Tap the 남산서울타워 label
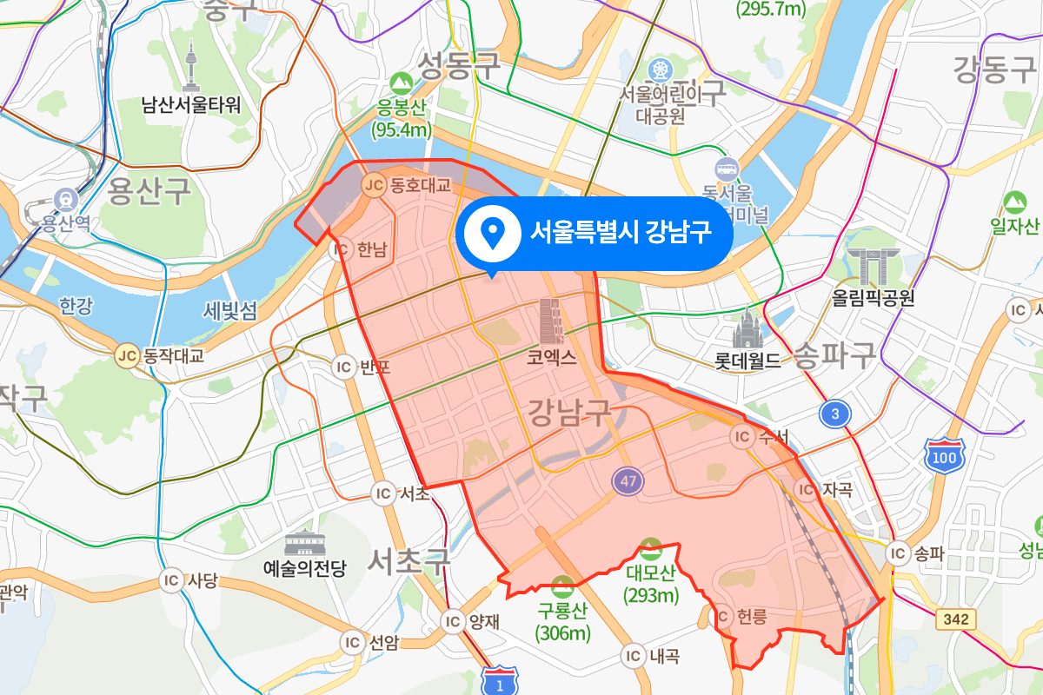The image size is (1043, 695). (x=191, y=106)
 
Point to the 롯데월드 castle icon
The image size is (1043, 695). (x=747, y=329)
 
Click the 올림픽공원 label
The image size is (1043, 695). (x=873, y=299)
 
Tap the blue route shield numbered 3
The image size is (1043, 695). (x=834, y=414)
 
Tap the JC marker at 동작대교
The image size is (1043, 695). (x=128, y=354)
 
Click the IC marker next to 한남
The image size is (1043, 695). (x=341, y=249)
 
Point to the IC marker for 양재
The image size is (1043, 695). (x=452, y=621)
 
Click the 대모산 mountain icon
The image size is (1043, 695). (x=649, y=548)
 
